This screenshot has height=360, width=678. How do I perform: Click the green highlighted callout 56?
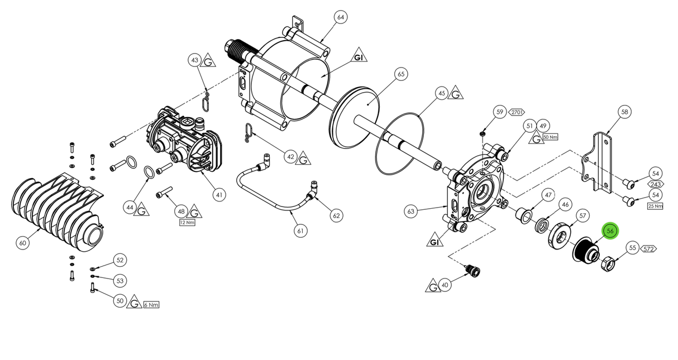(610, 231)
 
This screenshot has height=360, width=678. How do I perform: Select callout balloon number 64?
(341, 17)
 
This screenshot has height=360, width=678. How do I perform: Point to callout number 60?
(22, 243)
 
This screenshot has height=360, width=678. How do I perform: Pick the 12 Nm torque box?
(187, 222)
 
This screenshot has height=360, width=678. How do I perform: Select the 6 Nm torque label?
(151, 305)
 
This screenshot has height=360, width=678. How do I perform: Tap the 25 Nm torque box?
(655, 206)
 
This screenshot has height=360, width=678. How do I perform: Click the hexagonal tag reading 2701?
(516, 112)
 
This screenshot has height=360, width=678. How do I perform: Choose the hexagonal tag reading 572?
(648, 248)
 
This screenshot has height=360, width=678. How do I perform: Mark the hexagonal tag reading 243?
(655, 184)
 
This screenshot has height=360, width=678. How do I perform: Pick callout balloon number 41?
(219, 195)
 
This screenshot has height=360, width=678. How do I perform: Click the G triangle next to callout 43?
(208, 60)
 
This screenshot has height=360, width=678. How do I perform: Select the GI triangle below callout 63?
(434, 241)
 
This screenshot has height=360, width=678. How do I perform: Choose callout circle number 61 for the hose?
(302, 230)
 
